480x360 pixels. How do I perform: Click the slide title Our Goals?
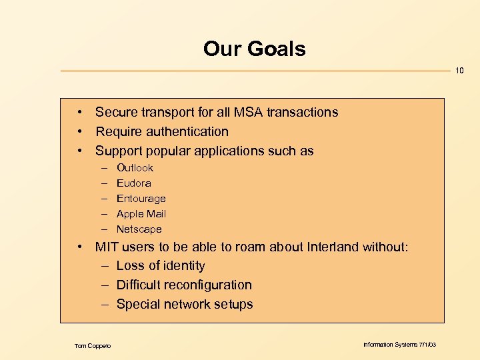(x=254, y=49)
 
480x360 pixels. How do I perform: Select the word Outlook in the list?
(x=135, y=168)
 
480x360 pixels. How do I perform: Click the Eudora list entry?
(x=133, y=183)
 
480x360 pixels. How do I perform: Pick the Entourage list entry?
(x=141, y=199)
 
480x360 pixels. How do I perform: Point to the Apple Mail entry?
(x=141, y=214)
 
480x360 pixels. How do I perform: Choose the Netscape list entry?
(x=139, y=229)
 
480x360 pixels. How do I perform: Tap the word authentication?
(x=186, y=132)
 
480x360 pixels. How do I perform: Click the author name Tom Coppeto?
(x=93, y=345)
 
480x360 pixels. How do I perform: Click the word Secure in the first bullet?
(x=116, y=113)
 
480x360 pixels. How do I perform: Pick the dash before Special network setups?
(x=105, y=305)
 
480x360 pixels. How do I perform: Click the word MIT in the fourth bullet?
(x=107, y=247)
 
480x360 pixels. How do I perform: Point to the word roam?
(x=219, y=247)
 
